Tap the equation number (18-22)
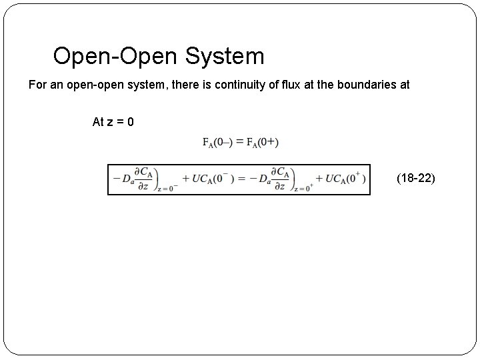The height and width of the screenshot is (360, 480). click(415, 178)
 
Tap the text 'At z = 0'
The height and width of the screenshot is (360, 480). click(113, 122)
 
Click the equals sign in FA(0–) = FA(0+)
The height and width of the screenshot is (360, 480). click(239, 141)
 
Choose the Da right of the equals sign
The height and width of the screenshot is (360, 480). click(261, 179)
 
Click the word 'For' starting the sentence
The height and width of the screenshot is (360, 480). click(37, 85)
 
